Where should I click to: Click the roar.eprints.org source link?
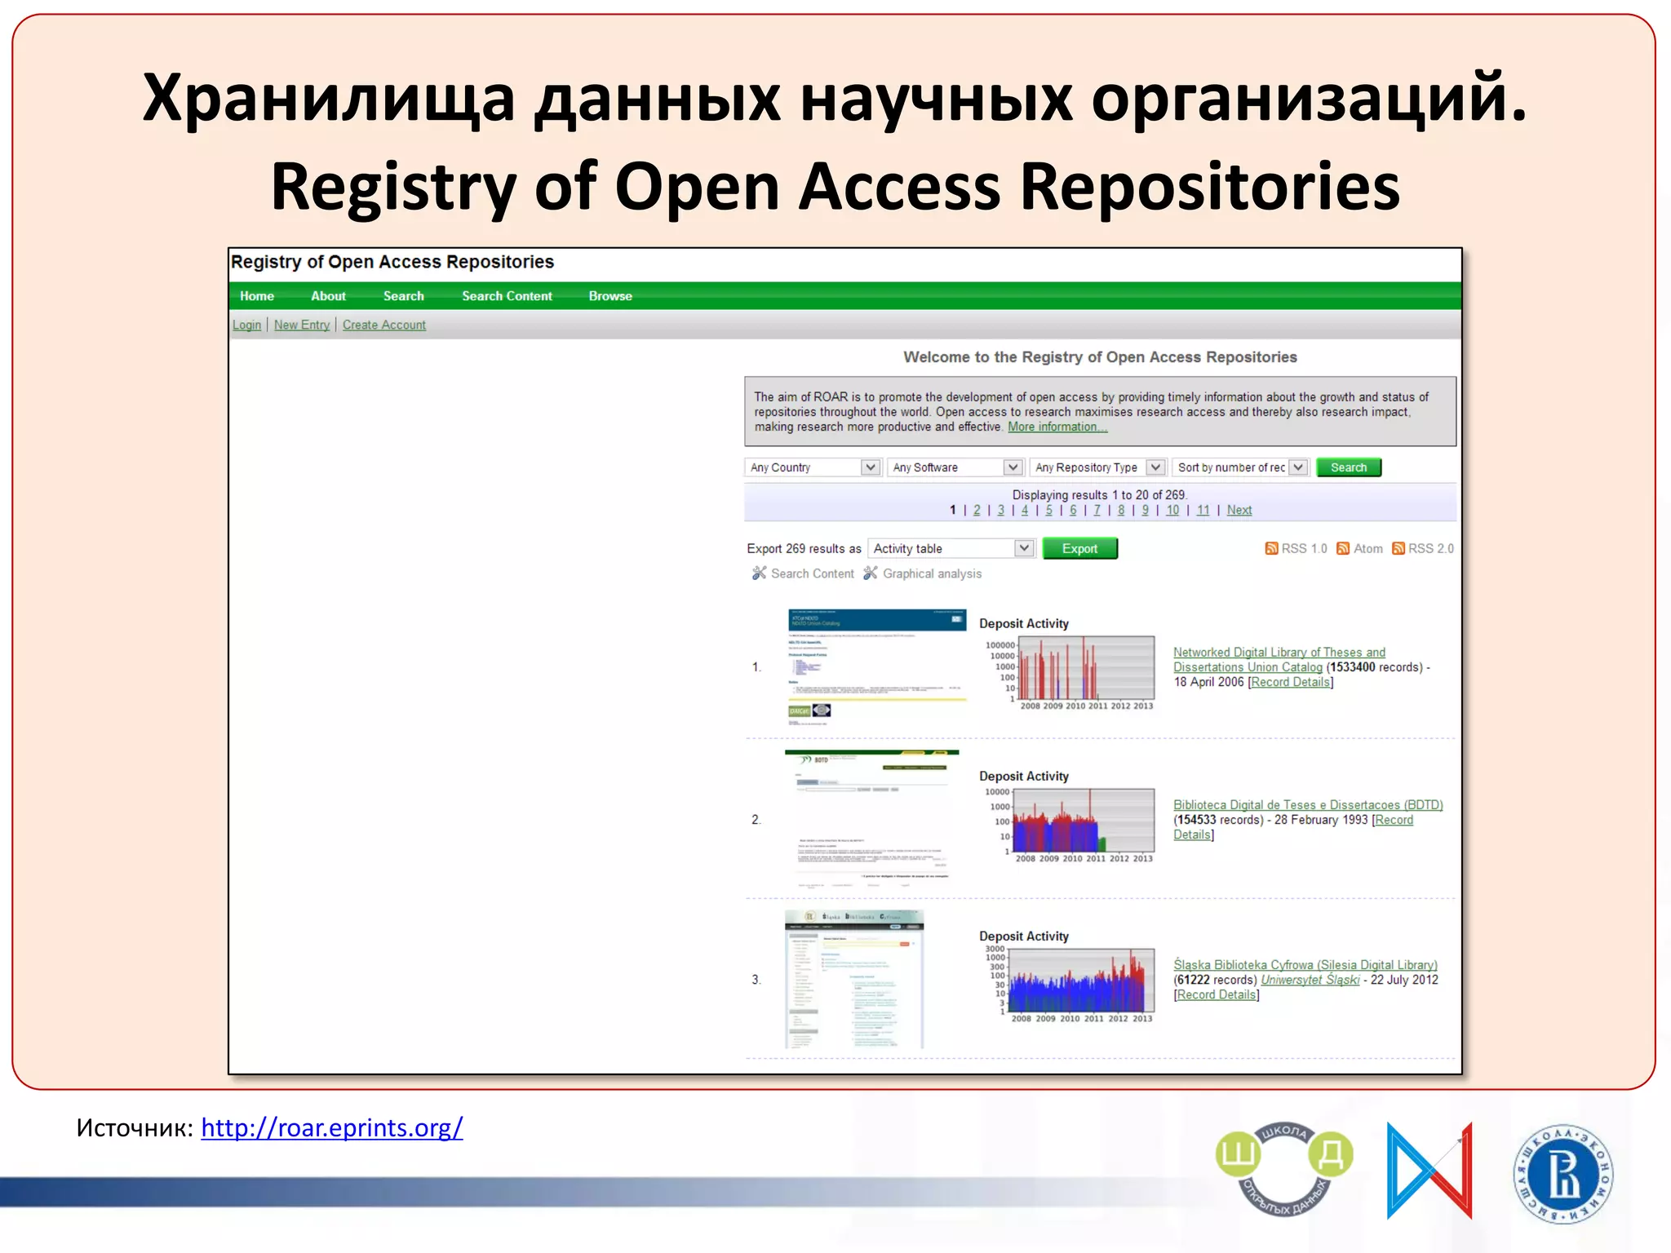pyautogui.click(x=331, y=1127)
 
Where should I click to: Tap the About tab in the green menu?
pyautogui.click(x=328, y=296)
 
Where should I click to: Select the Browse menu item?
pyautogui.click(x=610, y=296)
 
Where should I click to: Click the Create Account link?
pyautogui.click(x=383, y=325)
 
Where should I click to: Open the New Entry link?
pyautogui.click(x=302, y=325)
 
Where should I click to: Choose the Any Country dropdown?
pyautogui.click(x=813, y=467)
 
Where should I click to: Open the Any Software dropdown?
pyautogui.click(x=955, y=467)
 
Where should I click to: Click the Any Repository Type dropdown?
pyautogui.click(x=1098, y=467)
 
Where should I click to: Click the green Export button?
pyautogui.click(x=1079, y=549)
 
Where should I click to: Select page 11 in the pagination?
pyautogui.click(x=1203, y=510)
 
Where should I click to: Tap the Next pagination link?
pyautogui.click(x=1239, y=510)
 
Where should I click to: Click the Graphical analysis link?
pyautogui.click(x=932, y=573)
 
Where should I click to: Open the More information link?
pyautogui.click(x=1057, y=427)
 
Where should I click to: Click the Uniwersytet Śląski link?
pyautogui.click(x=1310, y=980)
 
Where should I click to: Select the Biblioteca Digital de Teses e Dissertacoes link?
pyautogui.click(x=1308, y=805)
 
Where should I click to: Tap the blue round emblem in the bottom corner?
pyautogui.click(x=1563, y=1174)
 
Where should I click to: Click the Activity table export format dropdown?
pyautogui.click(x=951, y=549)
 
